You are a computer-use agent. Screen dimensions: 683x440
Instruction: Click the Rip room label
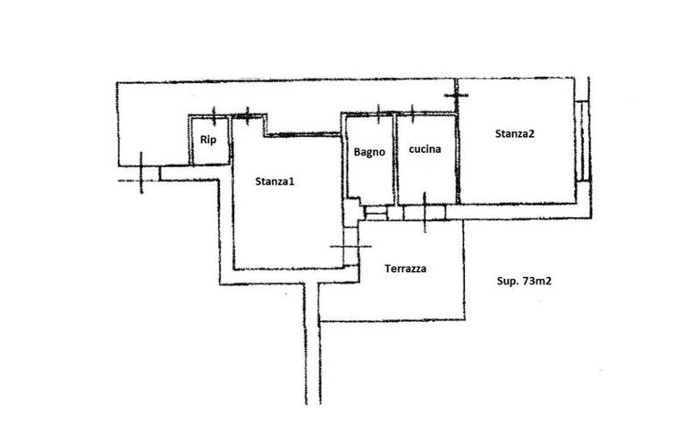point(207,140)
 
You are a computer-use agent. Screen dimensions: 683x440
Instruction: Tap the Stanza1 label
point(274,182)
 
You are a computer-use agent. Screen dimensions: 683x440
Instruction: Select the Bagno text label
point(369,152)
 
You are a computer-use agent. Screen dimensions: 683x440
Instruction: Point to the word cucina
point(425,149)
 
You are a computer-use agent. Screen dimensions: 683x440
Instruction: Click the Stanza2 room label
point(514,134)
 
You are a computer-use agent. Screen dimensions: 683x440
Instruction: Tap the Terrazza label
point(405,269)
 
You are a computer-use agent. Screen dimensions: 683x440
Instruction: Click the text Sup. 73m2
point(524,281)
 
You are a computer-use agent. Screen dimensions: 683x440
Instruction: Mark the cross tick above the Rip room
point(214,116)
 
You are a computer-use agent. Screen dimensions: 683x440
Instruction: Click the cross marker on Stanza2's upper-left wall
point(456,95)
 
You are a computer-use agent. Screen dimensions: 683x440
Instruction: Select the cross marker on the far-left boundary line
point(140,173)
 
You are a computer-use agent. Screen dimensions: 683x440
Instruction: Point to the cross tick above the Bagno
point(378,114)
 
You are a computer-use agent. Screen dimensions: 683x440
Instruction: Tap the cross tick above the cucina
point(412,114)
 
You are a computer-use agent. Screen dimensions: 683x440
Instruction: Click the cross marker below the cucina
point(425,212)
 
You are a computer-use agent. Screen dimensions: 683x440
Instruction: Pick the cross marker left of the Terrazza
point(350,247)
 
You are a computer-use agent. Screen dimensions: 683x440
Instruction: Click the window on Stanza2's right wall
point(582,140)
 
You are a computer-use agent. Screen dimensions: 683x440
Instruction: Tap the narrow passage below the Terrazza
point(312,344)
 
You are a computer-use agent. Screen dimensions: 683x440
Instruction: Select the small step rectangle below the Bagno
point(375,213)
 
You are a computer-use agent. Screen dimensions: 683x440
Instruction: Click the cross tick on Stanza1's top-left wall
point(248,116)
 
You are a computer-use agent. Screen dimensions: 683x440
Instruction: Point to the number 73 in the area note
point(529,281)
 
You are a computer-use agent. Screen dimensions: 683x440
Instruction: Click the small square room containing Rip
point(209,140)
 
